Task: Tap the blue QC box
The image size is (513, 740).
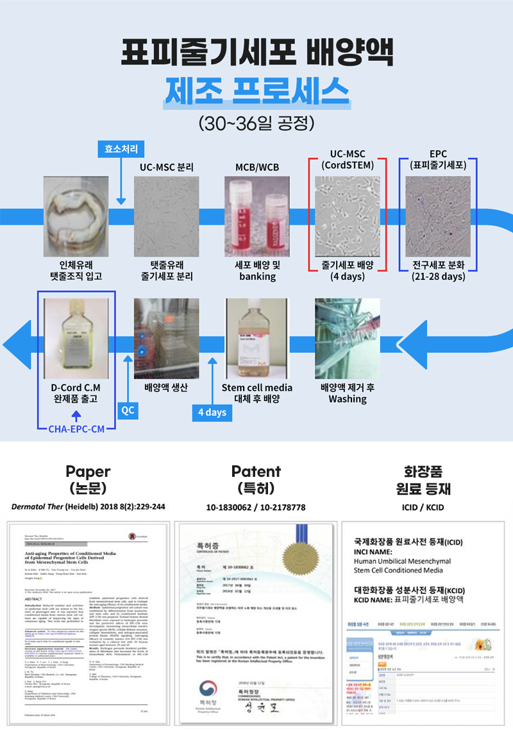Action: [x=128, y=410]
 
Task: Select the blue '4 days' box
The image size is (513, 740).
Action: [x=212, y=412]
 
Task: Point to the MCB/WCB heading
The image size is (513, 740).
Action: [x=257, y=168]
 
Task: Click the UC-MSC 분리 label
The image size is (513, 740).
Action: [x=167, y=168]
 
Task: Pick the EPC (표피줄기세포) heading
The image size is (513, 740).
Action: [x=438, y=160]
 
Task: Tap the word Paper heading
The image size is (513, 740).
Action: [x=88, y=472]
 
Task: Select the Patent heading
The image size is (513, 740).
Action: [x=256, y=472]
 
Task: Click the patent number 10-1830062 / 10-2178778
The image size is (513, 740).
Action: [x=256, y=507]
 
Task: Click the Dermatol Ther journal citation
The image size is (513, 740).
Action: [x=88, y=507]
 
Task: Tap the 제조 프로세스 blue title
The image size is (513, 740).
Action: [x=256, y=90]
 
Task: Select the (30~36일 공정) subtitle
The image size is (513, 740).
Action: [x=256, y=121]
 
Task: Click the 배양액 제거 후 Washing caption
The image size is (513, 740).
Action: [x=348, y=393]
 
